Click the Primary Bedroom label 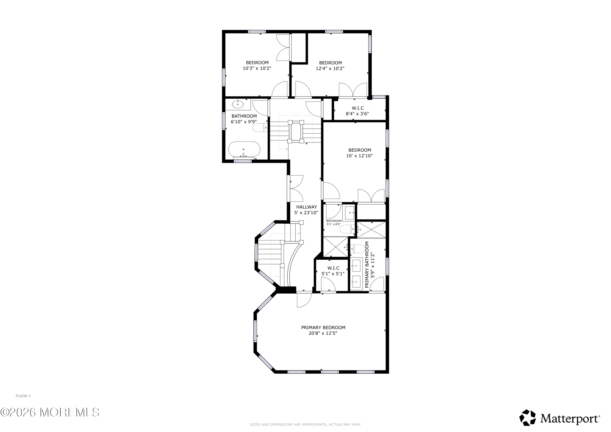[x=323, y=327]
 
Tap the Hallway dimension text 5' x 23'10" [x=306, y=213]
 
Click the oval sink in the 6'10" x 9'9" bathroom [x=238, y=104]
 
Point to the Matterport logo [x=560, y=419]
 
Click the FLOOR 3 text [x=23, y=396]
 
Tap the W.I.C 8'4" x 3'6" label [x=357, y=111]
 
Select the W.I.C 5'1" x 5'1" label [x=333, y=271]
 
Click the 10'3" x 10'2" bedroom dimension [x=257, y=68]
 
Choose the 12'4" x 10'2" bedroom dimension [x=330, y=68]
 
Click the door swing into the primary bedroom [x=304, y=300]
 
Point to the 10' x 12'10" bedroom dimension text [x=359, y=156]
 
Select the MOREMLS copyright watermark [x=50, y=413]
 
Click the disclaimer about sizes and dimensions [x=305, y=425]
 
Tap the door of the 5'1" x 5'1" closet [x=328, y=284]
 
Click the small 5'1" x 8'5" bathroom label [x=334, y=222]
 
